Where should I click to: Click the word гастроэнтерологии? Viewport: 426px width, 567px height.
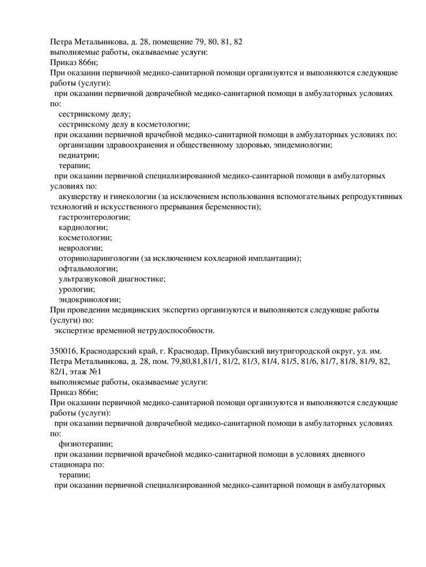coord(94,217)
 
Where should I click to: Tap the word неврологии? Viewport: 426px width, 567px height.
coord(80,248)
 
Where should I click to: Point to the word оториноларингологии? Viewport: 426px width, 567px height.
coord(99,258)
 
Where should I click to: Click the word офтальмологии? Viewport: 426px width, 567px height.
coord(88,269)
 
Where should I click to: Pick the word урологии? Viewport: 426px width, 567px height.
coord(77,290)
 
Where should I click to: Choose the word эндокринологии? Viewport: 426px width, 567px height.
coord(89,300)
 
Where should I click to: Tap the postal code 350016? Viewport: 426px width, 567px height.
coord(64,351)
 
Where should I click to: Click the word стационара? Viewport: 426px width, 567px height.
coord(73,464)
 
